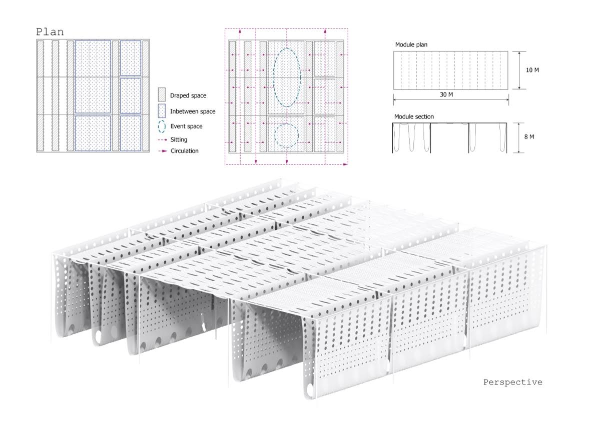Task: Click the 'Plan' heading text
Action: pos(50,32)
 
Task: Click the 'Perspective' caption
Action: pos(513,382)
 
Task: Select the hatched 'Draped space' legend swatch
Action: pos(162,95)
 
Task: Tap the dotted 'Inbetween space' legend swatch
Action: pos(162,111)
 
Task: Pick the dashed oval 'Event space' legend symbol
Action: pos(162,126)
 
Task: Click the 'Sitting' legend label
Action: pos(179,139)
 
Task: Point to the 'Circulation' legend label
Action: pos(184,150)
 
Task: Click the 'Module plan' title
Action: pos(411,45)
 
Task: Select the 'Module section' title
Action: pos(414,116)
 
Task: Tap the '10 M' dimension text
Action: pos(532,70)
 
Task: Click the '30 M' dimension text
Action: pos(446,94)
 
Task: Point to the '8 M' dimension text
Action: pos(529,136)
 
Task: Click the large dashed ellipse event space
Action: pos(287,77)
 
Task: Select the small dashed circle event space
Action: pos(287,135)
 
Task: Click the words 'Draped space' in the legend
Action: pos(188,95)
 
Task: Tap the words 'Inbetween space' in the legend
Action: pos(193,111)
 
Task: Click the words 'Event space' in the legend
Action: pos(186,126)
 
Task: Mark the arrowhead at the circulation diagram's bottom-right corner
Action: pos(345,164)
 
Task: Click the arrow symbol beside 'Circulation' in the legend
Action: pos(162,151)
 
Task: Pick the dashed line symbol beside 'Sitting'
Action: pos(162,139)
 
